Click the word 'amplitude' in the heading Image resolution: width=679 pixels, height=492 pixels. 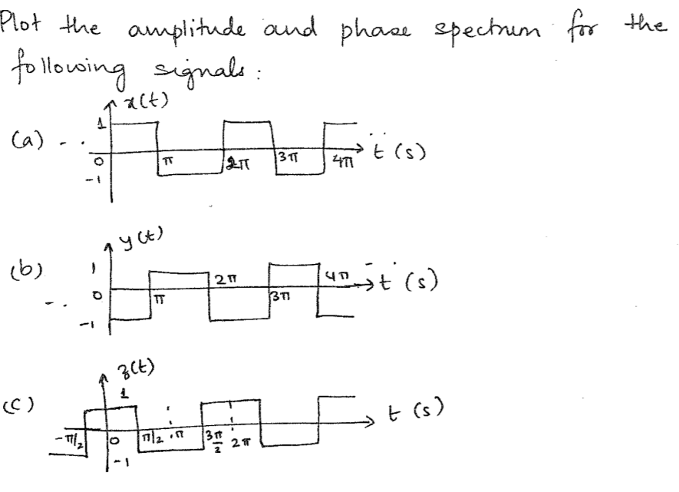tap(187, 30)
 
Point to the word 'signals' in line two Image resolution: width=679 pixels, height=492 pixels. tap(203, 71)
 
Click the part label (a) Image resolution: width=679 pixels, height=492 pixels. tap(28, 140)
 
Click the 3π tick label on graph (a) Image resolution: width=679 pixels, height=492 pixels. tap(288, 157)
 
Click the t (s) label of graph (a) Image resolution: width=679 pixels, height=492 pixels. tap(399, 151)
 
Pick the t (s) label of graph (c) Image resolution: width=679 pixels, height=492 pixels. tap(416, 410)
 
